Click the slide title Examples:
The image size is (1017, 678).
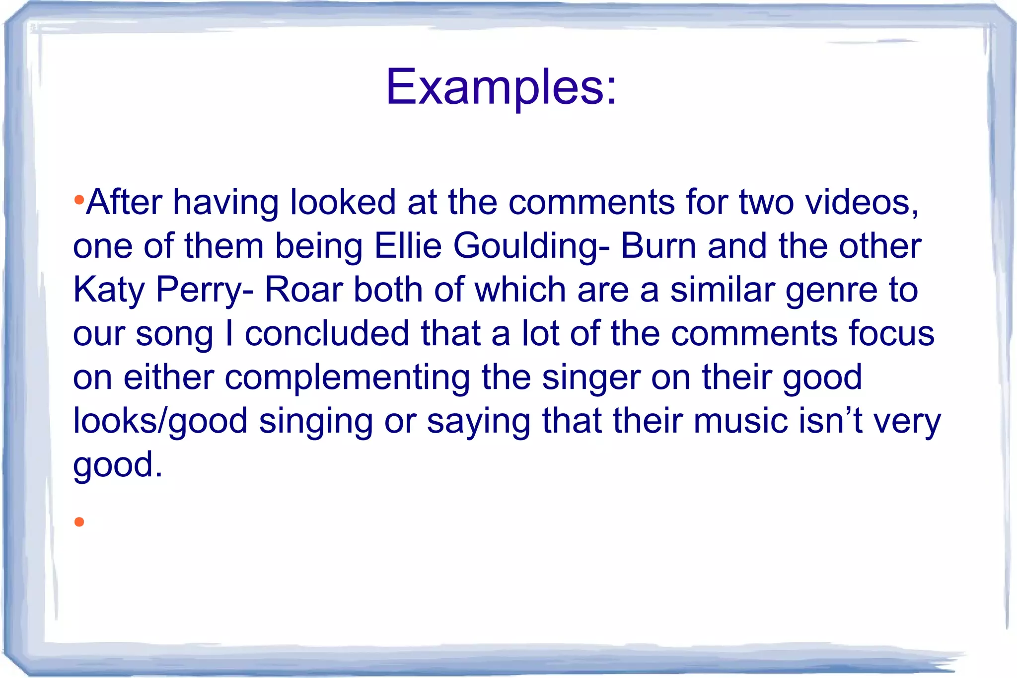coord(501,87)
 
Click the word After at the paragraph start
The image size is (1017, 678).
coord(124,202)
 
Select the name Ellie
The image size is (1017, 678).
coord(408,246)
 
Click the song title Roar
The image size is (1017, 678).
coord(303,290)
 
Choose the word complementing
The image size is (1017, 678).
coord(347,378)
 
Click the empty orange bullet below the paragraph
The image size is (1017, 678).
coord(79,522)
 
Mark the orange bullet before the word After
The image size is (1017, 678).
coord(78,201)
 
